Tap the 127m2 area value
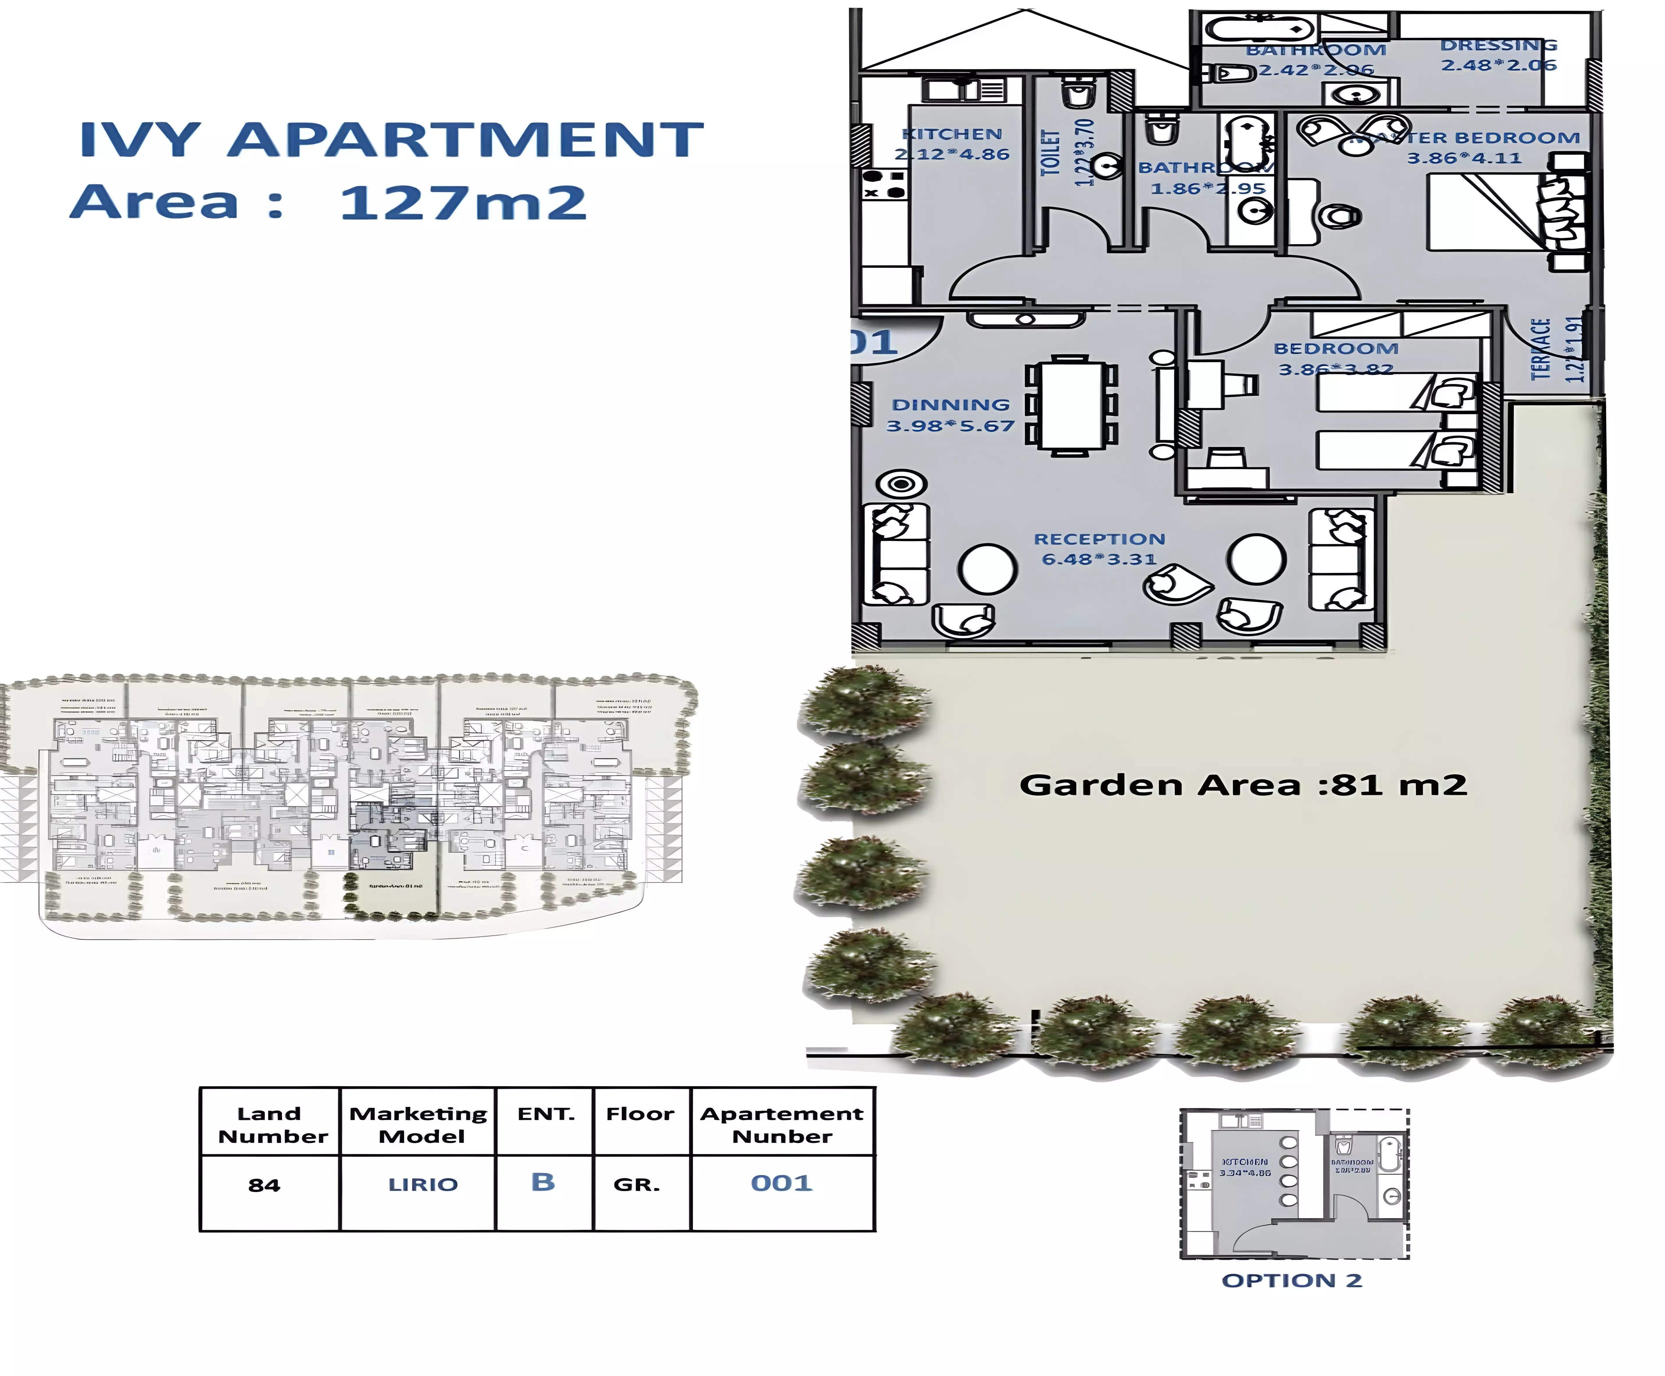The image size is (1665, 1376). point(462,203)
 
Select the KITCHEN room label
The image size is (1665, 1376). point(952,134)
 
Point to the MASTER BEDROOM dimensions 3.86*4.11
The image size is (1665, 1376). point(1464,158)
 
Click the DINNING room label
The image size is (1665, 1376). point(951,405)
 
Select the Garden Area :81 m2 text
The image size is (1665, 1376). point(1242,785)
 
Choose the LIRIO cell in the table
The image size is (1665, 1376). point(423,1185)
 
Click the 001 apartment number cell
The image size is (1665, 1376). point(782,1183)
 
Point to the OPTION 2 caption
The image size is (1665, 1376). point(1291,1281)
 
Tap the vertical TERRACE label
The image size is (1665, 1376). point(1540,349)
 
